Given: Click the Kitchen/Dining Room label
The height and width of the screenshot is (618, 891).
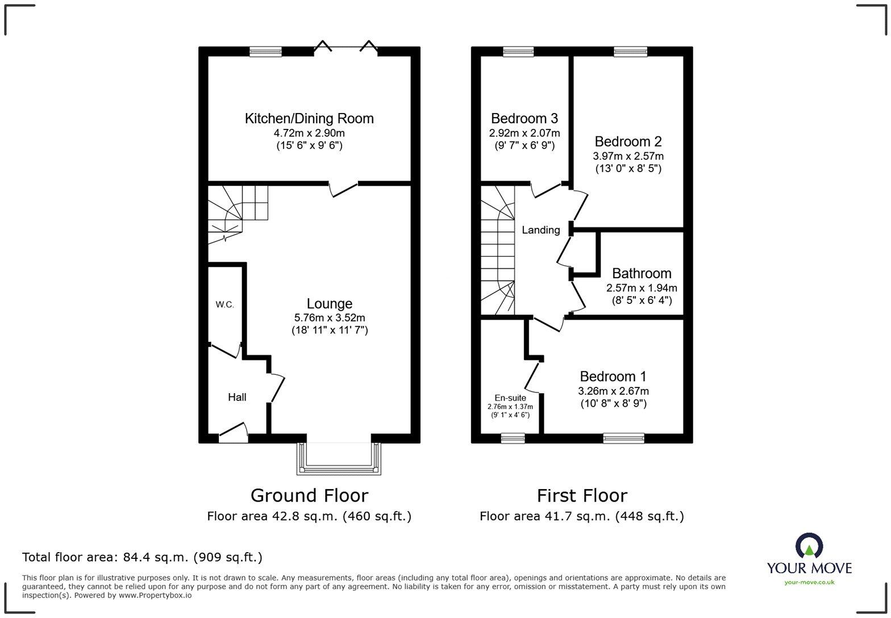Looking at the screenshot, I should click(309, 119).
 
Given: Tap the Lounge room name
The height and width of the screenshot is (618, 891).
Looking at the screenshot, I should click(329, 304).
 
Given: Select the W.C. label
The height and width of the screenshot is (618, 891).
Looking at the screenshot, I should click(224, 305).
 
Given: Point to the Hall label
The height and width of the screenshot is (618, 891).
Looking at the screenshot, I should click(237, 397).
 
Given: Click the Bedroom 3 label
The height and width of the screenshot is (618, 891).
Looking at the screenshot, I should click(524, 119).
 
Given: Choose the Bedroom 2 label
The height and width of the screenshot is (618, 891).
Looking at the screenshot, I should click(628, 141).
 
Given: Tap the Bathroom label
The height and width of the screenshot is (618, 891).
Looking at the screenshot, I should click(642, 274).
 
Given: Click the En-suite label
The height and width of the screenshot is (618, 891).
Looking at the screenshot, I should click(510, 398).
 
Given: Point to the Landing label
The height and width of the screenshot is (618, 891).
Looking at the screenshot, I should click(540, 230).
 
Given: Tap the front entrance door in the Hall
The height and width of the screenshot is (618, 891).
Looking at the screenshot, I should click(234, 434).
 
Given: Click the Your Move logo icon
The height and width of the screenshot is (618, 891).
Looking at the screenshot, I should click(809, 546).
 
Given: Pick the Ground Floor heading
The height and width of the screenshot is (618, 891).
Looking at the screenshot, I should click(309, 495).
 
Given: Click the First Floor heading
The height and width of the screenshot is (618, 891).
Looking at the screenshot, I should click(582, 495).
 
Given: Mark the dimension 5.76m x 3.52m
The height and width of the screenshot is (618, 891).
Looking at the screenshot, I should click(329, 318).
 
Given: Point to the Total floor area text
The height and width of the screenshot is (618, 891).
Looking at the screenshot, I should click(142, 557).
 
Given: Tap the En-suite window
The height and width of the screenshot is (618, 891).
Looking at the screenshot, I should click(513, 437).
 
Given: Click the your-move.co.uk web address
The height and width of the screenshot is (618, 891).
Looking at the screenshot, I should click(809, 582).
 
